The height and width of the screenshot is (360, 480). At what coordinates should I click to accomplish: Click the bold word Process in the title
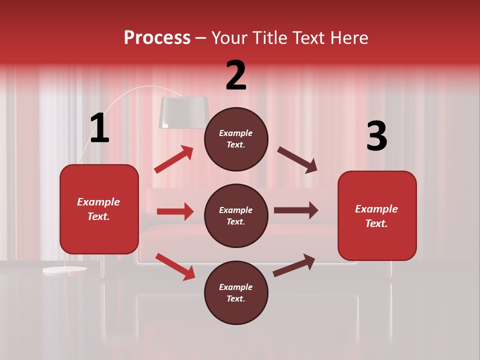157,38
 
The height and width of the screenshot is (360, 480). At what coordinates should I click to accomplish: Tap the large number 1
99,128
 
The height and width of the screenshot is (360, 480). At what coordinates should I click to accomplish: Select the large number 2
236,75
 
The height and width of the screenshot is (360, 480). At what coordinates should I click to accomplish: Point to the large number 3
376,136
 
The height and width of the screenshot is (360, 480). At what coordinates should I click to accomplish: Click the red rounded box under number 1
99,209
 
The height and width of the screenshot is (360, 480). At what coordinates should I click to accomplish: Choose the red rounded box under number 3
377,216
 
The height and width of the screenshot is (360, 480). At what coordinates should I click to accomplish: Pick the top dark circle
236,139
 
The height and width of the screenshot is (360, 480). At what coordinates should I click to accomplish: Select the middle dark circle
236,216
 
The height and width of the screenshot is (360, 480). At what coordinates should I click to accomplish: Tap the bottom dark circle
236,293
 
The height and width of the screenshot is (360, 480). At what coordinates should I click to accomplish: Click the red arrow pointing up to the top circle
174,159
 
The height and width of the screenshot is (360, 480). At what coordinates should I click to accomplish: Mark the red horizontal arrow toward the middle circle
175,211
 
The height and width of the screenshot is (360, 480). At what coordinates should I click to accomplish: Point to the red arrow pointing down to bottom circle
175,266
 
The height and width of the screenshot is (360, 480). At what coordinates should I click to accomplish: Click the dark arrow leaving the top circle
297,160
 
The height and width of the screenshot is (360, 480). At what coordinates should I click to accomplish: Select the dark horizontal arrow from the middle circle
296,210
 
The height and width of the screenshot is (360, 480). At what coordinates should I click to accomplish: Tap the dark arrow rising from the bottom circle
294,265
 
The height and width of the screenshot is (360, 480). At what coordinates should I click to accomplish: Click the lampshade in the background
183,112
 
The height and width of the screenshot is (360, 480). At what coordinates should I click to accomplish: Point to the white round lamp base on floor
64,270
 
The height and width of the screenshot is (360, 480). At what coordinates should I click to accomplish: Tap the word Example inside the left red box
98,202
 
